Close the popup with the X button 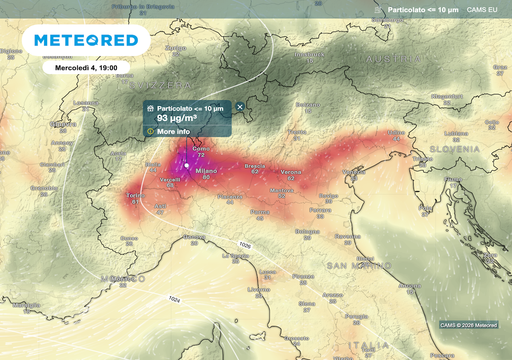[240, 106]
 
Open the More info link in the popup [173, 131]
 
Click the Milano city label [206, 171]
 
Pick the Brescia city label [255, 165]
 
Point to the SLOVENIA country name [459, 148]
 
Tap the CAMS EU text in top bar [483, 9]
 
